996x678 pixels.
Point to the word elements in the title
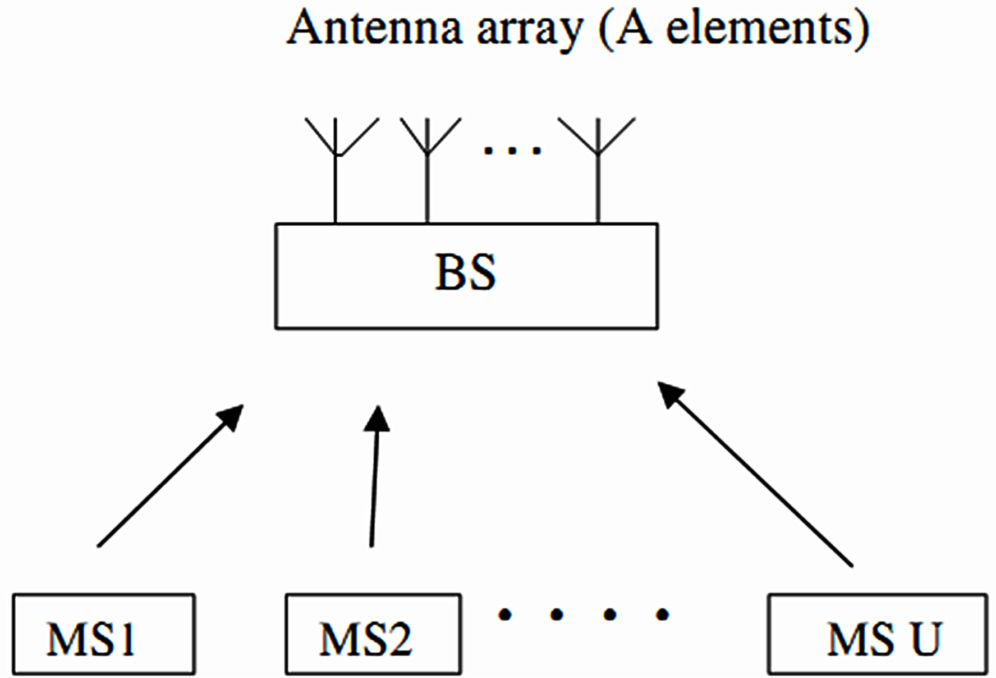click(x=760, y=28)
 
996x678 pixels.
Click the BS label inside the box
click(x=465, y=274)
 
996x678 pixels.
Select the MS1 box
click(x=104, y=634)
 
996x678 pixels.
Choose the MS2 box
click(x=373, y=634)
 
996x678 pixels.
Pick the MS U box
click(x=877, y=634)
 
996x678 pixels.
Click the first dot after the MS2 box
click(x=505, y=615)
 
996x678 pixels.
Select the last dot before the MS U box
click(x=663, y=615)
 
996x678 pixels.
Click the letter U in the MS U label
click(x=925, y=639)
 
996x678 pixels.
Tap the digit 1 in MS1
click(x=127, y=639)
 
